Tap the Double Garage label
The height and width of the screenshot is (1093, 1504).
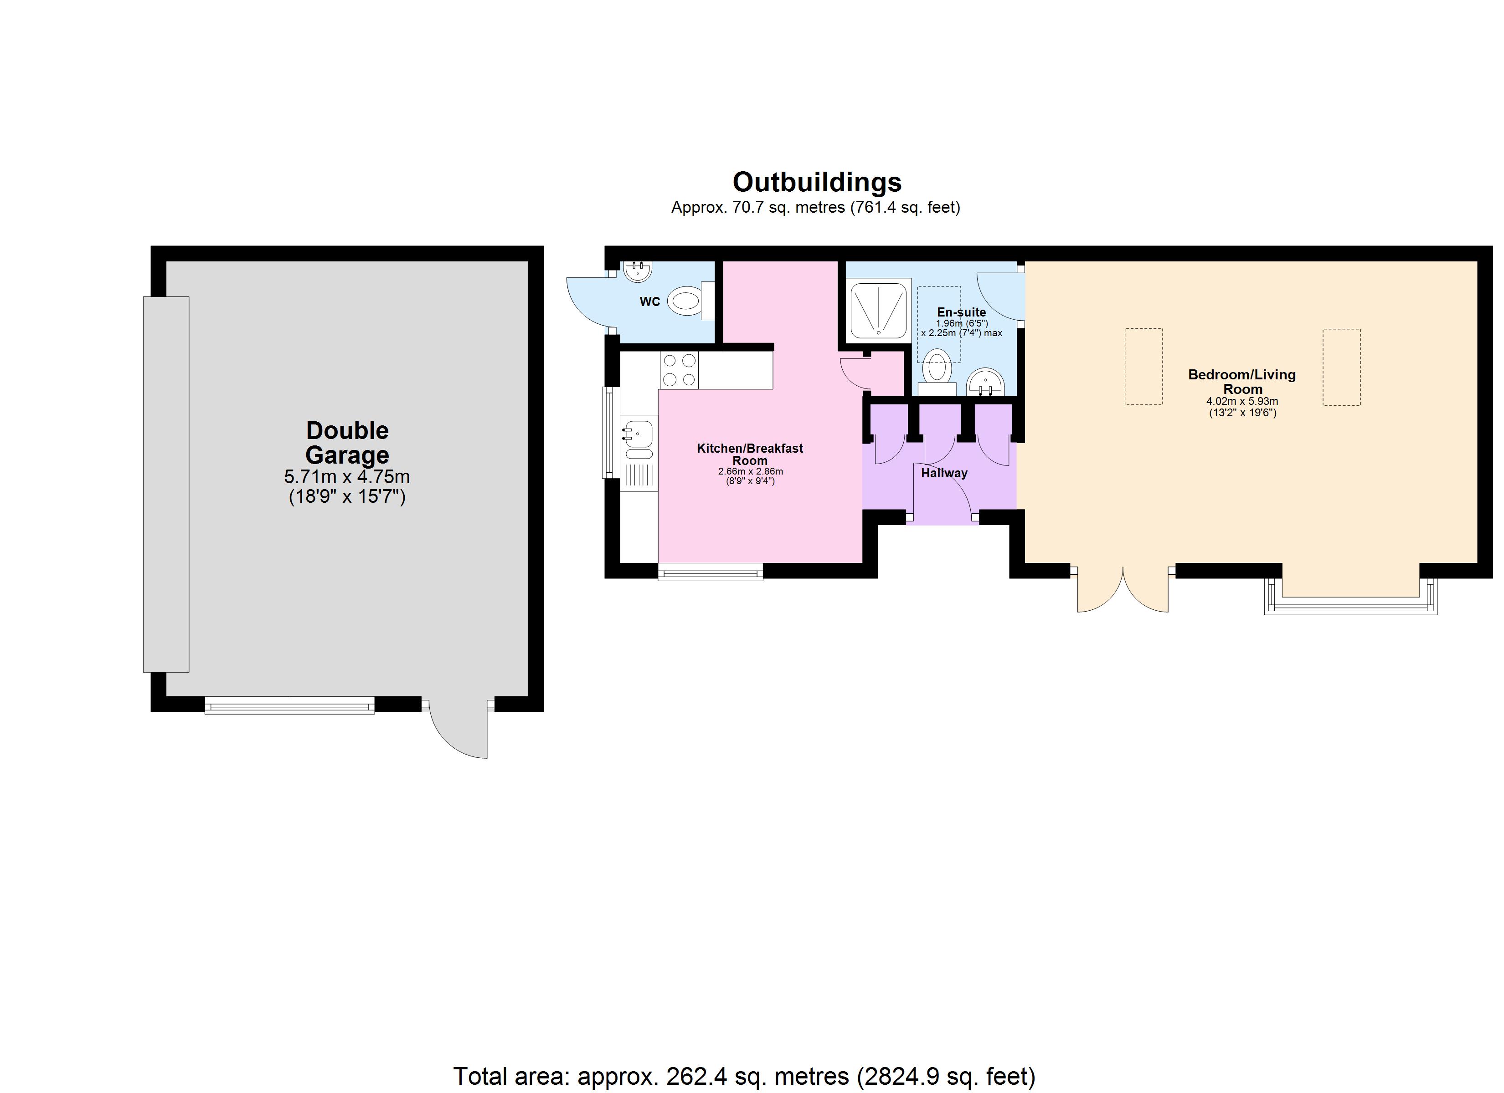point(347,443)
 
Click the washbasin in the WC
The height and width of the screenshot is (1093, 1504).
point(638,271)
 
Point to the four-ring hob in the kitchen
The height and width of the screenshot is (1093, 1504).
point(679,370)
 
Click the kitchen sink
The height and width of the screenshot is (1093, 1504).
point(637,432)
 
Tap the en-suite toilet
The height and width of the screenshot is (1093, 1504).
point(937,368)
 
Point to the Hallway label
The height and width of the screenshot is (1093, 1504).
point(944,473)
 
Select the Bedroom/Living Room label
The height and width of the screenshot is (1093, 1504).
point(1241,382)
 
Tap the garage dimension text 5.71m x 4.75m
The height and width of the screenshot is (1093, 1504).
point(347,476)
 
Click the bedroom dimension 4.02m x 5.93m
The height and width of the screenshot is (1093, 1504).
point(1242,402)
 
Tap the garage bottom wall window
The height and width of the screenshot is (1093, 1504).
point(290,706)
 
